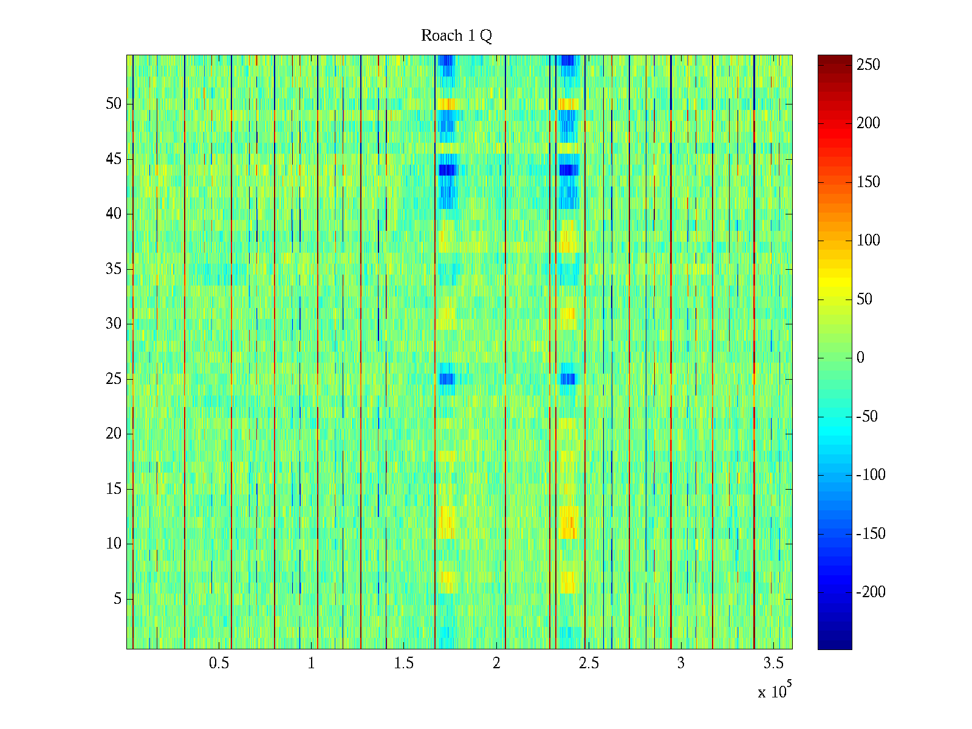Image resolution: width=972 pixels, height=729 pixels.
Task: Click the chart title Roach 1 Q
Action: (456, 36)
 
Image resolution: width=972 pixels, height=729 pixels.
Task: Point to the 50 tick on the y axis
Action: (114, 104)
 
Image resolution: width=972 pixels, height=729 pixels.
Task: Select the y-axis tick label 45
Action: (114, 159)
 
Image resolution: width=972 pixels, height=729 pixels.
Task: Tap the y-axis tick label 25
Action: (114, 379)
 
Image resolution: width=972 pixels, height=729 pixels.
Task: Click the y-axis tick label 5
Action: (117, 599)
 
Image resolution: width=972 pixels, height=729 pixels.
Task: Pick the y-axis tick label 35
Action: (114, 269)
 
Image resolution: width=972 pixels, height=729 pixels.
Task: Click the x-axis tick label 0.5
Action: (219, 663)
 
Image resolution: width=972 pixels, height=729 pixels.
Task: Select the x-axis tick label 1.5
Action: (404, 663)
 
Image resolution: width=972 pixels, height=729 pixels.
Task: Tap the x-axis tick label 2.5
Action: (589, 663)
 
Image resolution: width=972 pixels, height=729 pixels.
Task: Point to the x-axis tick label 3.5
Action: (773, 663)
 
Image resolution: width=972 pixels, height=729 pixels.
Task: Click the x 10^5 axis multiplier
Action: (774, 691)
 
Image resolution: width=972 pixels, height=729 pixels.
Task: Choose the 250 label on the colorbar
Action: (868, 65)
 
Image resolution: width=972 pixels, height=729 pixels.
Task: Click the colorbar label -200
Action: (871, 592)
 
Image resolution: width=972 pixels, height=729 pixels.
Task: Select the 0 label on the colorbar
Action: (860, 358)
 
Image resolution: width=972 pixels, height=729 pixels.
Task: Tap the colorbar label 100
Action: (868, 241)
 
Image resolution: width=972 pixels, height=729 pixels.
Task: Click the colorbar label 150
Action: (868, 182)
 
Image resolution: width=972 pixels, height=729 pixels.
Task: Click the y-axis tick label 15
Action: (114, 489)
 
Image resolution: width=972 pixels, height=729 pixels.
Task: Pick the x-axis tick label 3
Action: (681, 663)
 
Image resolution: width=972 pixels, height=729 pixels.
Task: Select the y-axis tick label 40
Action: (114, 214)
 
